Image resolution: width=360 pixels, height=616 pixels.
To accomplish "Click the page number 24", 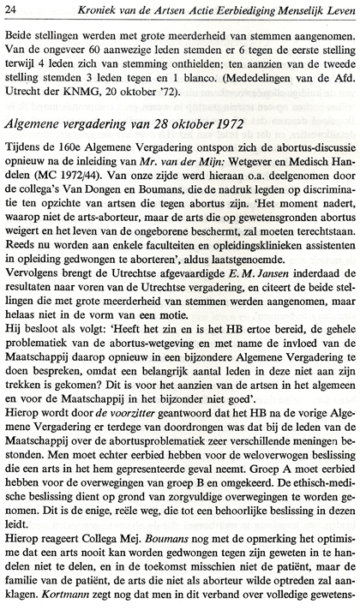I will click(x=15, y=10).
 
